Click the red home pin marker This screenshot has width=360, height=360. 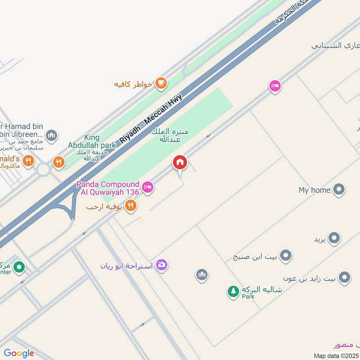click(180, 163)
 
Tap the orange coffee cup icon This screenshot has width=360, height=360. click(161, 83)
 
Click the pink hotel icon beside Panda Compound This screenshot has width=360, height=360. click(147, 186)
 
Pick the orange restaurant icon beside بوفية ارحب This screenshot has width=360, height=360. click(131, 206)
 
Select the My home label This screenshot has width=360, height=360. click(315, 190)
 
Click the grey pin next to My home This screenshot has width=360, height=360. click(339, 190)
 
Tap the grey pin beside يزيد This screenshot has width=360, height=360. click(333, 238)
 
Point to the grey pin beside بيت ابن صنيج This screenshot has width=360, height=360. click(285, 256)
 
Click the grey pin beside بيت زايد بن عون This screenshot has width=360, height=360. click(344, 278)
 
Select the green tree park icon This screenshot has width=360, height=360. click(233, 292)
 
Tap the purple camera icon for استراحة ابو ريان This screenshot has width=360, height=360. click(162, 265)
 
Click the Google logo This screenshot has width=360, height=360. click(19, 353)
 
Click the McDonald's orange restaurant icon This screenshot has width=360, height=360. click(28, 161)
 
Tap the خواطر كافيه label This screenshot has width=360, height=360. click(134, 84)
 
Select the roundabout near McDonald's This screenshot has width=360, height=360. click(44, 170)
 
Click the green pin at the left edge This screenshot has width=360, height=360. click(18, 268)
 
